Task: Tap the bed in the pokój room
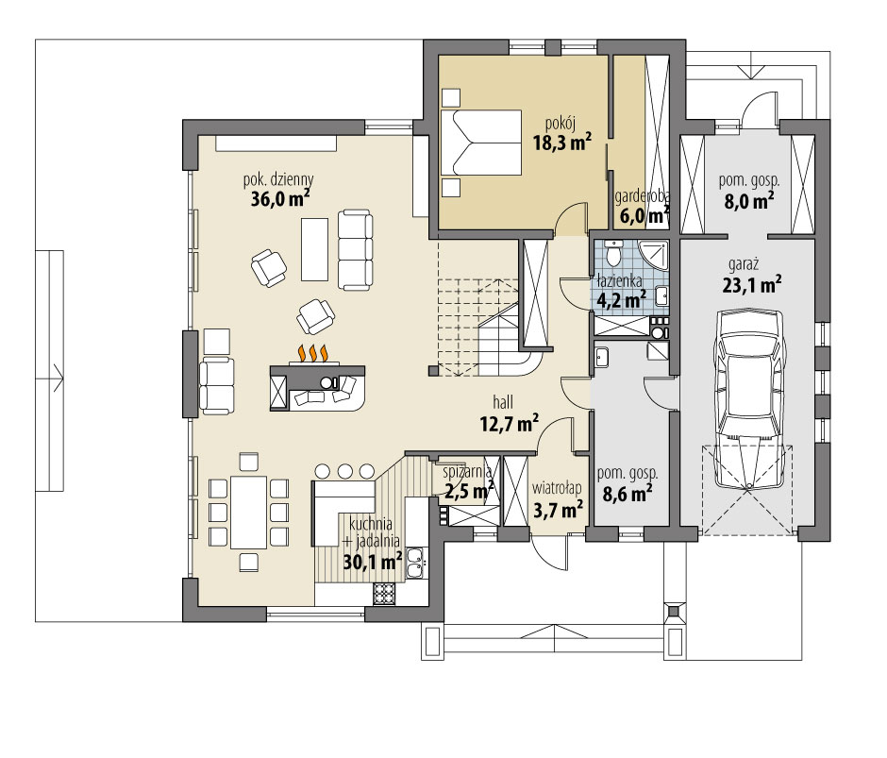coord(483,143)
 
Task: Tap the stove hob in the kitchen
coord(384,594)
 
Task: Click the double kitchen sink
coord(414,564)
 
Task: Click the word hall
coord(503,399)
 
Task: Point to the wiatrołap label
coord(557,489)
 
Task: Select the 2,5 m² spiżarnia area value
coord(469,491)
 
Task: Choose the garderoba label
coord(642,196)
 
